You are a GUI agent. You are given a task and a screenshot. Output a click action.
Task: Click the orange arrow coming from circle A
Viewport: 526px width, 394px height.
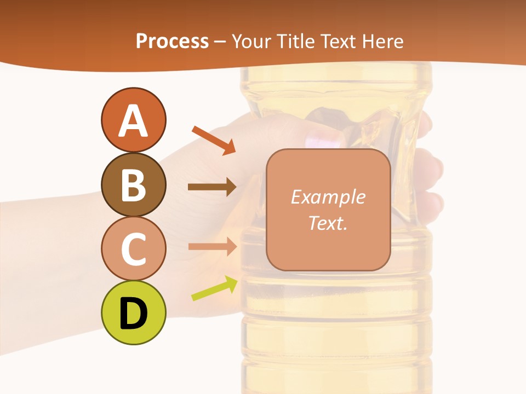(213, 140)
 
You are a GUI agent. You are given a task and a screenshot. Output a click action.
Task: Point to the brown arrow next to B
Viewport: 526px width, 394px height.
(212, 187)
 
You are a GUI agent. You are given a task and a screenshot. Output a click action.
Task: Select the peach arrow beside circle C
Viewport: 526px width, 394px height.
(212, 246)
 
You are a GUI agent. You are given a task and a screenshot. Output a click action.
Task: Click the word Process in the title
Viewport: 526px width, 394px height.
(172, 41)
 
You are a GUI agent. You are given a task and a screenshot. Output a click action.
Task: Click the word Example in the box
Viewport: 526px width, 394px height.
(328, 197)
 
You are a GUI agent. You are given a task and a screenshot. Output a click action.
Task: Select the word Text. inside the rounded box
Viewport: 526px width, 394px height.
(328, 223)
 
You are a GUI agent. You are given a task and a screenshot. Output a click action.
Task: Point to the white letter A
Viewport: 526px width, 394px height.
(133, 120)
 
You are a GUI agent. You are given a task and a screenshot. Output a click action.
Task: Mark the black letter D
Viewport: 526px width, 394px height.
(133, 314)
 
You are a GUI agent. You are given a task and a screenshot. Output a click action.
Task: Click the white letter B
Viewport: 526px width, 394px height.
(133, 184)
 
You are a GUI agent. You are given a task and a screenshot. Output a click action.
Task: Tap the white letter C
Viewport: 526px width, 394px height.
(133, 249)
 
